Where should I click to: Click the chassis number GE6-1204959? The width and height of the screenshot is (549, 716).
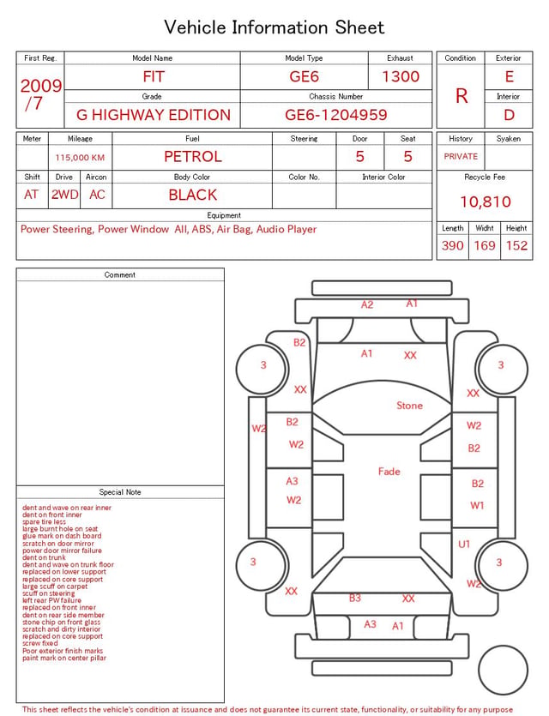point(335,115)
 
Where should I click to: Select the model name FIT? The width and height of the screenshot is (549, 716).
point(153,76)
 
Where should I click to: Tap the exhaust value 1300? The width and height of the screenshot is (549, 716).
point(401,76)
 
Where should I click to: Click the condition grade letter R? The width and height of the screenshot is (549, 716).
point(462,96)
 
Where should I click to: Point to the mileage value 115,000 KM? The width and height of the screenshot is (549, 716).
point(80,158)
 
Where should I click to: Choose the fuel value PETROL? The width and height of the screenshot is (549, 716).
point(193,157)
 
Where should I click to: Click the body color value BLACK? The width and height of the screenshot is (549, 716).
point(193,195)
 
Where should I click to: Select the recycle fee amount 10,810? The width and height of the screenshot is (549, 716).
point(485,202)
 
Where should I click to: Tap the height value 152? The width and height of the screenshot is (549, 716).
point(516,245)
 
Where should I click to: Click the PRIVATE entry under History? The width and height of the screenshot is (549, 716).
point(461,156)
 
